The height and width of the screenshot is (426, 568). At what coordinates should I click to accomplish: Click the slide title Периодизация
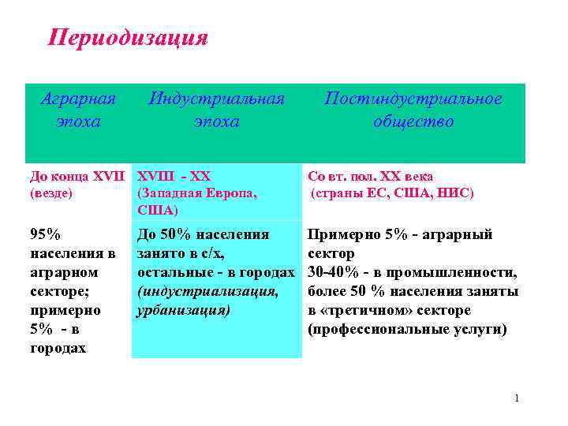tap(128, 38)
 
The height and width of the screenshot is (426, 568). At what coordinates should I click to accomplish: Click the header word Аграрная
tap(78, 99)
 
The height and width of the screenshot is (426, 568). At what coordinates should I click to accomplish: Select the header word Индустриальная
tap(216, 99)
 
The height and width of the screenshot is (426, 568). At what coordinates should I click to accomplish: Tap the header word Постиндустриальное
tap(413, 99)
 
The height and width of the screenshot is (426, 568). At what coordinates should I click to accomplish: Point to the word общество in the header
tap(413, 122)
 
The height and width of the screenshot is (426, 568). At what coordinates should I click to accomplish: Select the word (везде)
tap(50, 192)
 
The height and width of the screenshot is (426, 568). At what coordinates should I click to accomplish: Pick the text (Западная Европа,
tap(198, 192)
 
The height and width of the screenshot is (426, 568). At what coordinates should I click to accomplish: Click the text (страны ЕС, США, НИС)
tap(392, 192)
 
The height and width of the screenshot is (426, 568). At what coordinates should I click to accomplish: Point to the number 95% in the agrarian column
tap(45, 234)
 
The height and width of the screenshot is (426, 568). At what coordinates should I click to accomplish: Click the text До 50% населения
tap(203, 234)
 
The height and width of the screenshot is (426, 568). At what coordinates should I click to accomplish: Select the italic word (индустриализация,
tap(207, 291)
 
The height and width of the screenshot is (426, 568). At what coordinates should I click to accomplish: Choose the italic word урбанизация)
tap(184, 310)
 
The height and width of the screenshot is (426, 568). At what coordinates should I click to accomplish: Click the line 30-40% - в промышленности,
tap(412, 272)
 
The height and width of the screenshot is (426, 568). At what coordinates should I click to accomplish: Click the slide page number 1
tap(517, 398)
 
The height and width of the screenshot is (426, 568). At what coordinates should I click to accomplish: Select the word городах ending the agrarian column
tap(58, 348)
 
